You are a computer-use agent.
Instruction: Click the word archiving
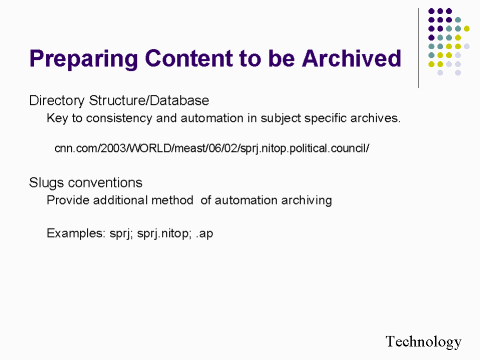(303, 200)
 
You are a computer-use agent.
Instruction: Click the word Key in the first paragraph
(57, 118)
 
